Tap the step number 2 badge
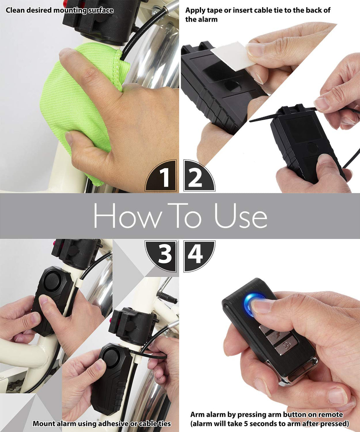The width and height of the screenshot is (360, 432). [196, 177]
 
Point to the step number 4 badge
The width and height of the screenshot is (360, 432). [196, 254]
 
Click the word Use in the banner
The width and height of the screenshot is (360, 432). [240, 216]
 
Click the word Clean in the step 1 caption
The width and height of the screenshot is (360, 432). [15, 10]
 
